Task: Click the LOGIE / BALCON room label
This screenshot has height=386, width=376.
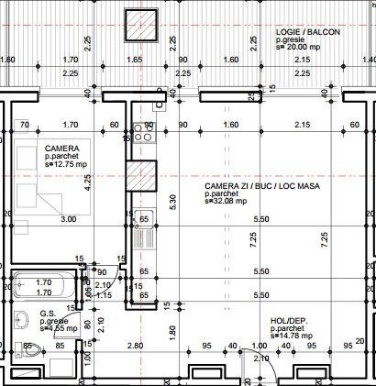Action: tap(307, 31)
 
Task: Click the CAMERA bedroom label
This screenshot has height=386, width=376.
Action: tap(61, 148)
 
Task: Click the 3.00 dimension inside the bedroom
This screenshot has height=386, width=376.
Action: tap(68, 220)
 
